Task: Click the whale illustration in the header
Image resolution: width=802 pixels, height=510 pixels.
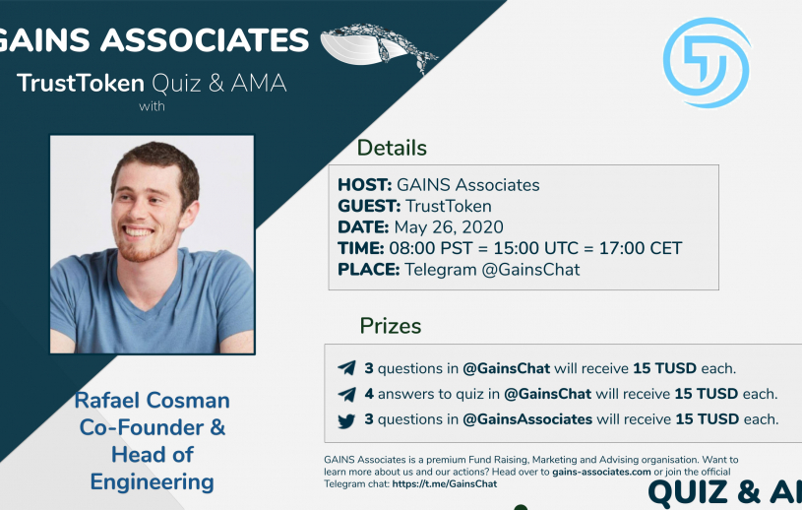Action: (379, 47)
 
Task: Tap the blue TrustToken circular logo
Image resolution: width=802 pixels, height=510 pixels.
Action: (707, 62)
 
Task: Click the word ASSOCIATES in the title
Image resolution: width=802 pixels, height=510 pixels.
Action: (205, 40)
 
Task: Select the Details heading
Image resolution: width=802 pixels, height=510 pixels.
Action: (392, 148)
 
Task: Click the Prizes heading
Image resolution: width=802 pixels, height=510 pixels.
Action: (391, 326)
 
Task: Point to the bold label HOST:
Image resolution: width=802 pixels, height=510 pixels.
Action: (365, 185)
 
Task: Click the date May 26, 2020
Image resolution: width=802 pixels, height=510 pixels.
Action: (449, 227)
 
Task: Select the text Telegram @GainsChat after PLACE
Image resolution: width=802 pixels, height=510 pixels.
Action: (492, 270)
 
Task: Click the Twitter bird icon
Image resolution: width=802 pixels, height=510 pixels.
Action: (346, 421)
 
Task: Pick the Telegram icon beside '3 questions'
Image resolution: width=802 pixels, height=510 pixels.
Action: (346, 368)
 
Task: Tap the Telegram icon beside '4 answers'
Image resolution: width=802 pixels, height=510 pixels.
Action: (346, 394)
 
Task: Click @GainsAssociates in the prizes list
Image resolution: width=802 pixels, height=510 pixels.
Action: (527, 419)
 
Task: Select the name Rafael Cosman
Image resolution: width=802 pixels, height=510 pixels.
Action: (152, 400)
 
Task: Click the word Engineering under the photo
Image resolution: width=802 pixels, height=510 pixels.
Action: (152, 482)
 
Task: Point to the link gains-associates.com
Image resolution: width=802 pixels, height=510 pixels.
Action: (601, 472)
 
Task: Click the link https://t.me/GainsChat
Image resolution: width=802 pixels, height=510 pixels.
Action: (445, 484)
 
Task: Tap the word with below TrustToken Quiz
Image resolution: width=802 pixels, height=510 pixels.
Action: (152, 106)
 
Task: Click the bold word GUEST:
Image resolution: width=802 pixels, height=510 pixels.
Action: (369, 206)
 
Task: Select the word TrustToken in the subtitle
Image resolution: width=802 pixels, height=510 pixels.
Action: (81, 84)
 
